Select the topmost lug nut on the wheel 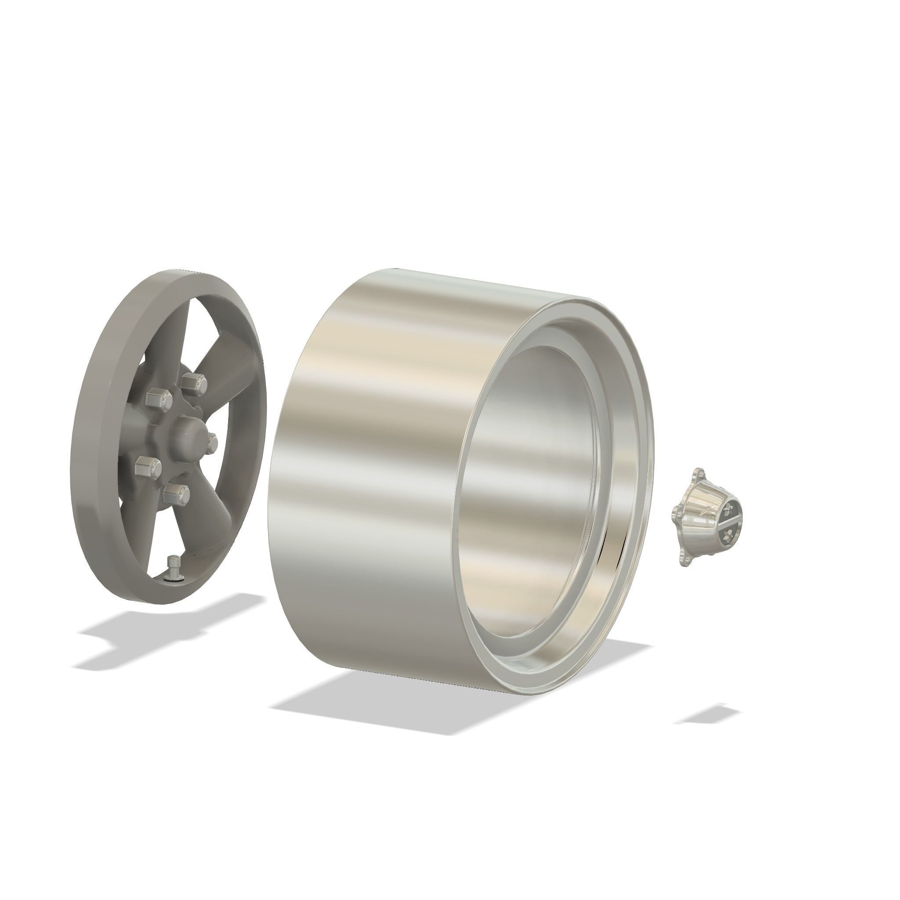194,383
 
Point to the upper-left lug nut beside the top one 157,398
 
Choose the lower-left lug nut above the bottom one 148,466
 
